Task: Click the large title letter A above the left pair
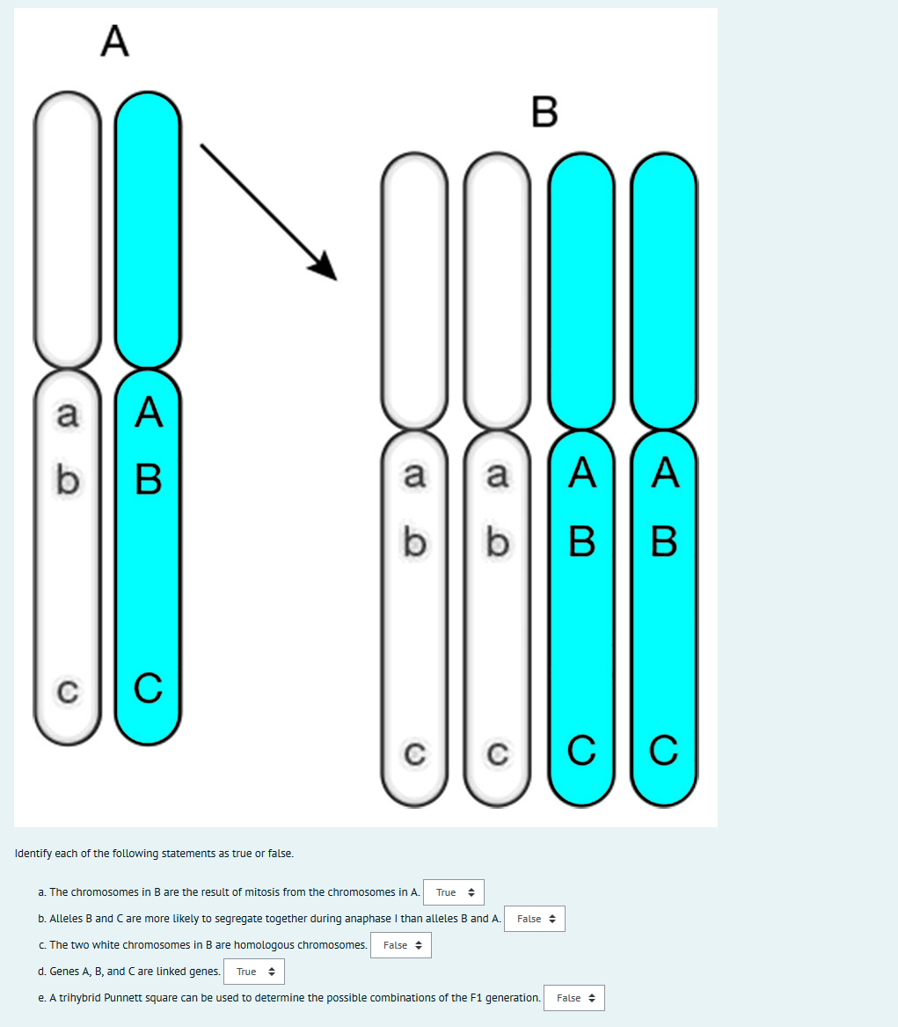point(114,41)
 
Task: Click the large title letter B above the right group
point(544,112)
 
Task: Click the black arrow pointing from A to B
point(268,212)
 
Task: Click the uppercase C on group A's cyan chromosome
point(150,688)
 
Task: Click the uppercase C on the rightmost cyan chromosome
point(664,751)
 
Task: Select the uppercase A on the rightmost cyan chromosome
point(664,475)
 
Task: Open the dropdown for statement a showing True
point(454,892)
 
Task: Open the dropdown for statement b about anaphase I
point(535,919)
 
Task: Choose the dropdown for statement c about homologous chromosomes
point(401,945)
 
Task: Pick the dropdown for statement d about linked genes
point(254,972)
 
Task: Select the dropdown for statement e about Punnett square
point(574,998)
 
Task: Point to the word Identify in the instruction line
point(34,854)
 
